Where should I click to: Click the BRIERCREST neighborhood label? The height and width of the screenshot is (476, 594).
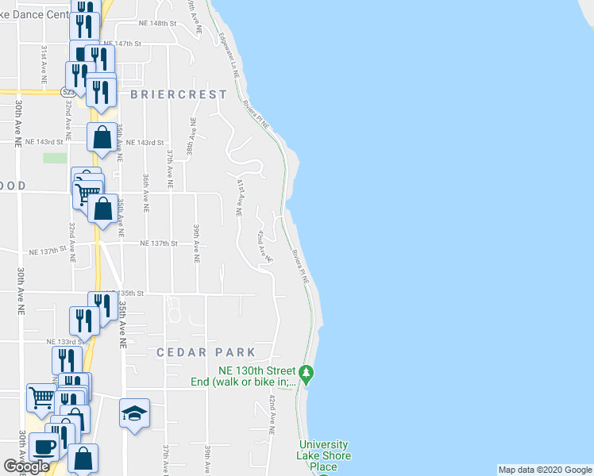(178, 94)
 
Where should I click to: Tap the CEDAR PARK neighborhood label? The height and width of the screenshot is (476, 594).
(206, 352)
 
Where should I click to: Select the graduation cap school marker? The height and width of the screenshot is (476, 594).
(134, 413)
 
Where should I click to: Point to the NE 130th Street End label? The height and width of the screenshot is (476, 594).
(256, 376)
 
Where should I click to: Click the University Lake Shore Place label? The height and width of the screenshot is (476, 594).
(323, 455)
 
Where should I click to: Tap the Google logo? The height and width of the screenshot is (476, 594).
(26, 466)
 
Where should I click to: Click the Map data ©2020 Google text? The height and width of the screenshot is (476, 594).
(544, 470)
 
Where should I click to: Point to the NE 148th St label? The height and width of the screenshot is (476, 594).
(156, 24)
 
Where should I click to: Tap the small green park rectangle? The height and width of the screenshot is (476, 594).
(55, 158)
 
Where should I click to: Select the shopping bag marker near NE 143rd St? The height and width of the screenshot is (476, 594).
(102, 138)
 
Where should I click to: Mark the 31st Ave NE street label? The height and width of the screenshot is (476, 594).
(43, 63)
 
